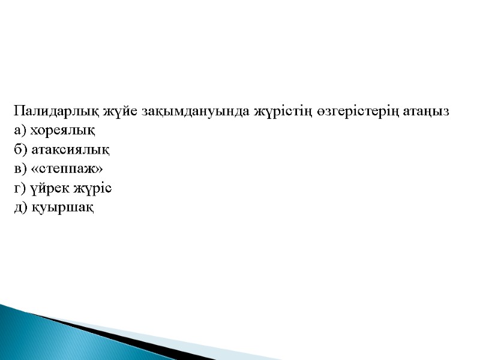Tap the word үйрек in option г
tap(46, 188)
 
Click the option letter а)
tap(20, 131)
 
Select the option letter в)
tap(20, 169)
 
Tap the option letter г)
tap(19, 188)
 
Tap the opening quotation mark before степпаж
tap(34, 170)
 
